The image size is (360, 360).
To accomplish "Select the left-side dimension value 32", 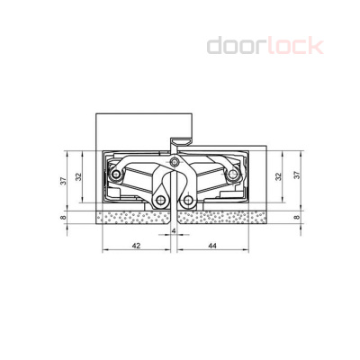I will click(x=78, y=177).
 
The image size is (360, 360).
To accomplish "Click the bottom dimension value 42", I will click(x=136, y=244).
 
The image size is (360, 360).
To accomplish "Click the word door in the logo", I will click(x=236, y=44).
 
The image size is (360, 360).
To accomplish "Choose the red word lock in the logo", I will click(x=292, y=44).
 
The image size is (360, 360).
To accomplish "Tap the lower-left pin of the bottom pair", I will click(x=162, y=200).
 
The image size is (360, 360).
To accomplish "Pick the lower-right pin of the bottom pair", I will click(x=189, y=200).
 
